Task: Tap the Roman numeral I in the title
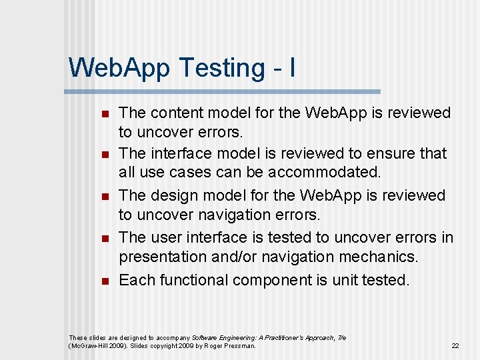[292, 67]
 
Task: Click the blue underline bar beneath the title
[224, 91]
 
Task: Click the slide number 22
[455, 346]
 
